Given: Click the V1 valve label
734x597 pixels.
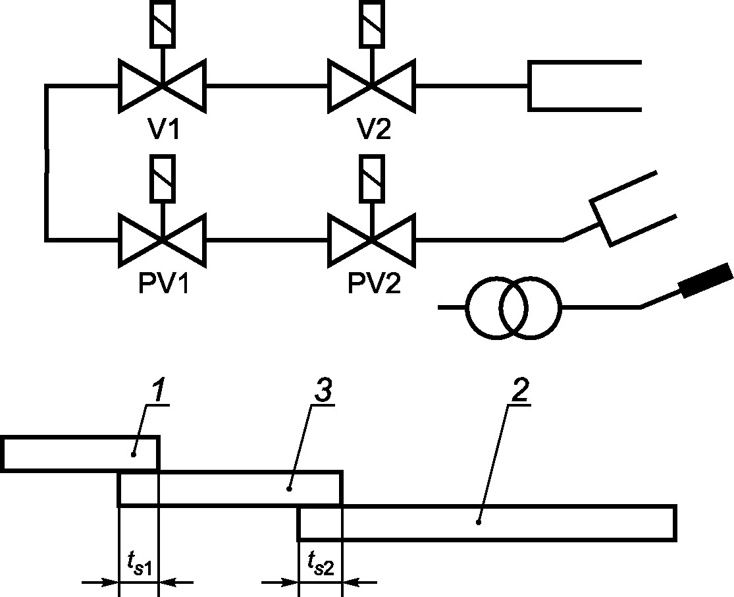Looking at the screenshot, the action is coord(163,128).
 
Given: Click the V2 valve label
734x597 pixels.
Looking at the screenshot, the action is coord(373,128).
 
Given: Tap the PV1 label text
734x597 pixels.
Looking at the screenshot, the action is coord(163,283).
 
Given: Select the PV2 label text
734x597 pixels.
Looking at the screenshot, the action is coord(375,283).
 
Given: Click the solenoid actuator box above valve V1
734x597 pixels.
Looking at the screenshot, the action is coord(163,24).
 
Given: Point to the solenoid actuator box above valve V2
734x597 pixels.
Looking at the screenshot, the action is coord(372,24).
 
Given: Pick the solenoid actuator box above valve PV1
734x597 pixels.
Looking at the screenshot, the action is coord(163,179).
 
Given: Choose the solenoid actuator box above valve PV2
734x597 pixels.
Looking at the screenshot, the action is coord(372,179).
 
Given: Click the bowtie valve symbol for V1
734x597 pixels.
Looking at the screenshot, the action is coord(163,86).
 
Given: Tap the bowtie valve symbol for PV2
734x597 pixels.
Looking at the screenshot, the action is coord(372,241).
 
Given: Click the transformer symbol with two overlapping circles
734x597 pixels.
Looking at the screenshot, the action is coord(513,308).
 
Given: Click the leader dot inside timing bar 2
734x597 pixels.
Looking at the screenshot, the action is coord(479,522).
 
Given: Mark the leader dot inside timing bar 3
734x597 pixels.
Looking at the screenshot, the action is coord(289,489).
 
